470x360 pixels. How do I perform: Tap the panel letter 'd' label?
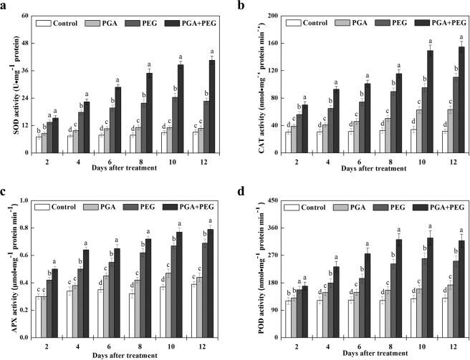[x=242, y=192]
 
